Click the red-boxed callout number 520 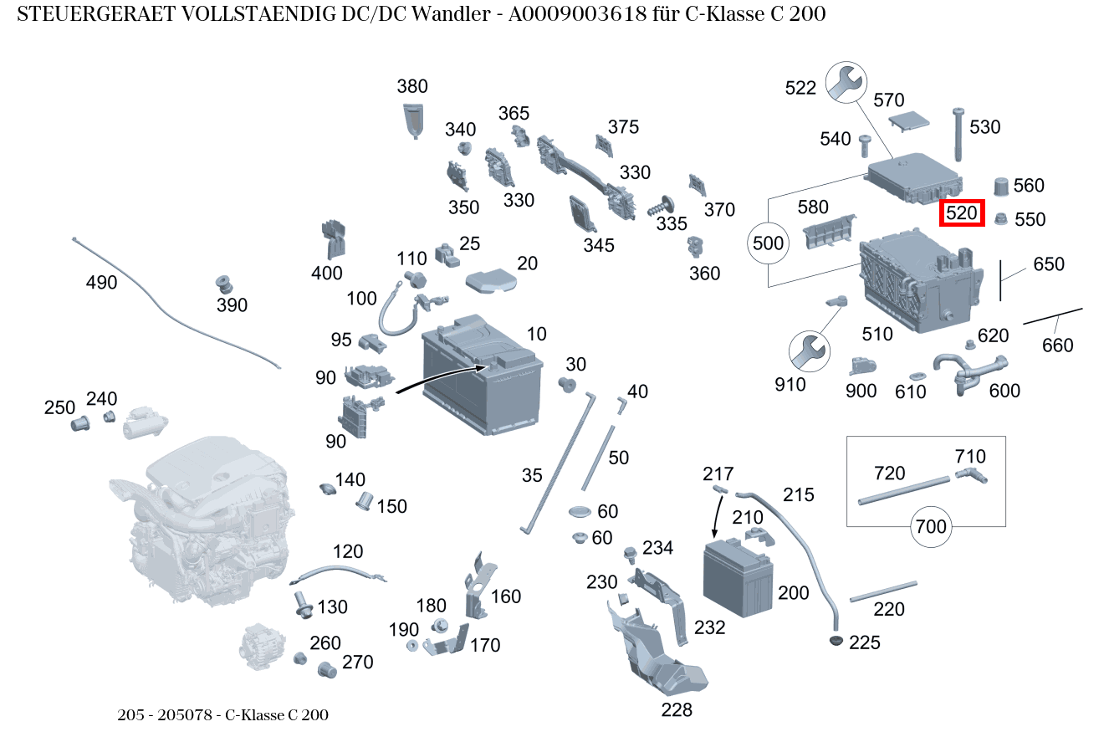[962, 213]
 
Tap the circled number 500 [769, 244]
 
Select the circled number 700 [931, 526]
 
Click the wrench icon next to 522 [846, 84]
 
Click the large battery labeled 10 [481, 376]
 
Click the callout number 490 [101, 283]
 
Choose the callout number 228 [676, 710]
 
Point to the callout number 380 [411, 86]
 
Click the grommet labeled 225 [835, 641]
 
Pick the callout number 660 [1057, 345]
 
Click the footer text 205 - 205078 [167, 715]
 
